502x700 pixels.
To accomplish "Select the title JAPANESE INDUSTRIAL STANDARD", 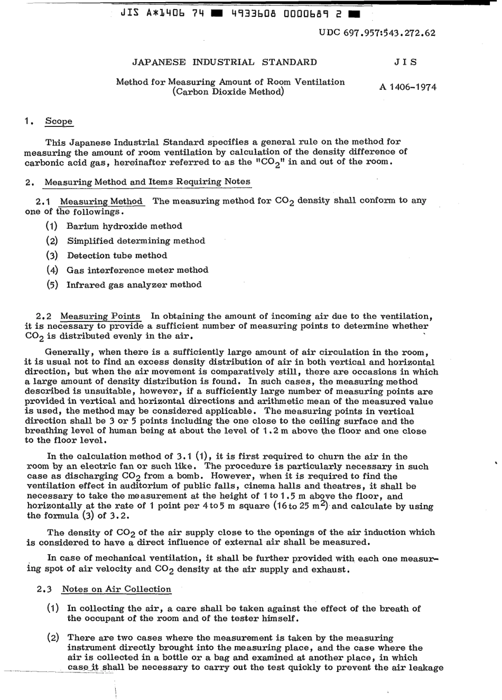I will point(225,62).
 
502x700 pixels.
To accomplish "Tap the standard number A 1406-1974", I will point(407,87).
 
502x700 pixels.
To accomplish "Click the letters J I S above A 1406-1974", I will point(405,62).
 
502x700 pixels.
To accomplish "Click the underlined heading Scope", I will point(59,121).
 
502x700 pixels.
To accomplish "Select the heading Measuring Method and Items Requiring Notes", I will point(147,182).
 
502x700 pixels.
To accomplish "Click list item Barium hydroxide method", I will point(124,226).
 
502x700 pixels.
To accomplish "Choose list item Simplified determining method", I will point(136,241).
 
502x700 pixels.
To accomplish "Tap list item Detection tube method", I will point(117,255).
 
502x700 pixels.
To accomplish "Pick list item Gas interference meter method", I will point(137,270).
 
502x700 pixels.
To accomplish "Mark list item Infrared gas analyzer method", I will point(134,285).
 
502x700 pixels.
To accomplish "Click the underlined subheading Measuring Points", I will point(100,317).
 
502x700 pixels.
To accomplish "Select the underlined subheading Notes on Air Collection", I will point(116,590).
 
